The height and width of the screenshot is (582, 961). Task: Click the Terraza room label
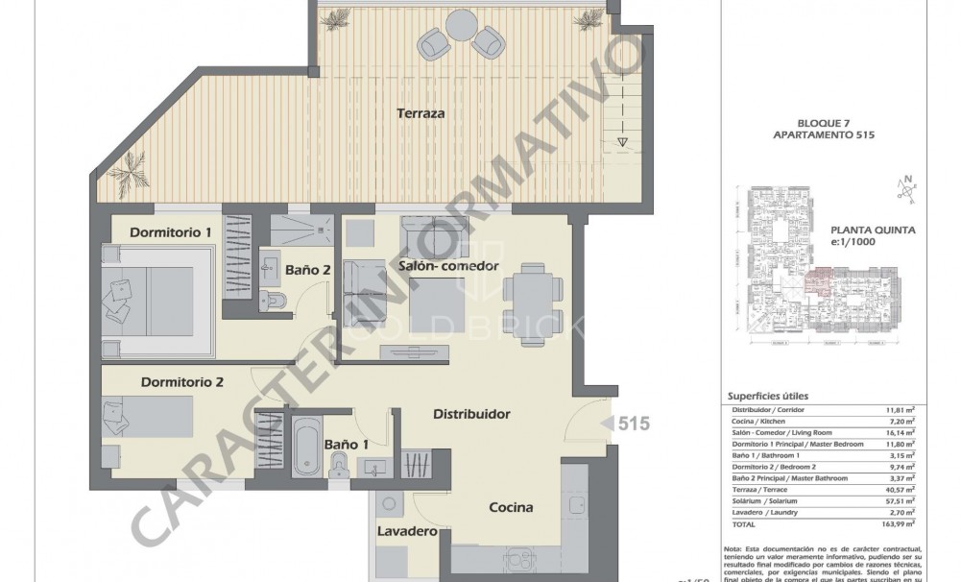coord(420,113)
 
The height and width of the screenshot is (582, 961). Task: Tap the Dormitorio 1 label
coord(170,232)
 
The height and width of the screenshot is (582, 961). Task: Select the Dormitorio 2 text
coord(182,382)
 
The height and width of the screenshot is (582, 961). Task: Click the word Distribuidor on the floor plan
coord(470,414)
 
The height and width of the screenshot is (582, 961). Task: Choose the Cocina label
coord(511,508)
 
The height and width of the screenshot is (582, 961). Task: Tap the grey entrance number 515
coord(633,423)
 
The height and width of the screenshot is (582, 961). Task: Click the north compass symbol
coord(904,188)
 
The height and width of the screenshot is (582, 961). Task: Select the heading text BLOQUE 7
coord(824,124)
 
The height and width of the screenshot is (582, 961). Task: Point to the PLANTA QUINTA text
coord(872,230)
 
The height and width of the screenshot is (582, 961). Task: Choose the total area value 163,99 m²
coord(897,523)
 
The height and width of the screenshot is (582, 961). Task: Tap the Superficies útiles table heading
coord(767,396)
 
